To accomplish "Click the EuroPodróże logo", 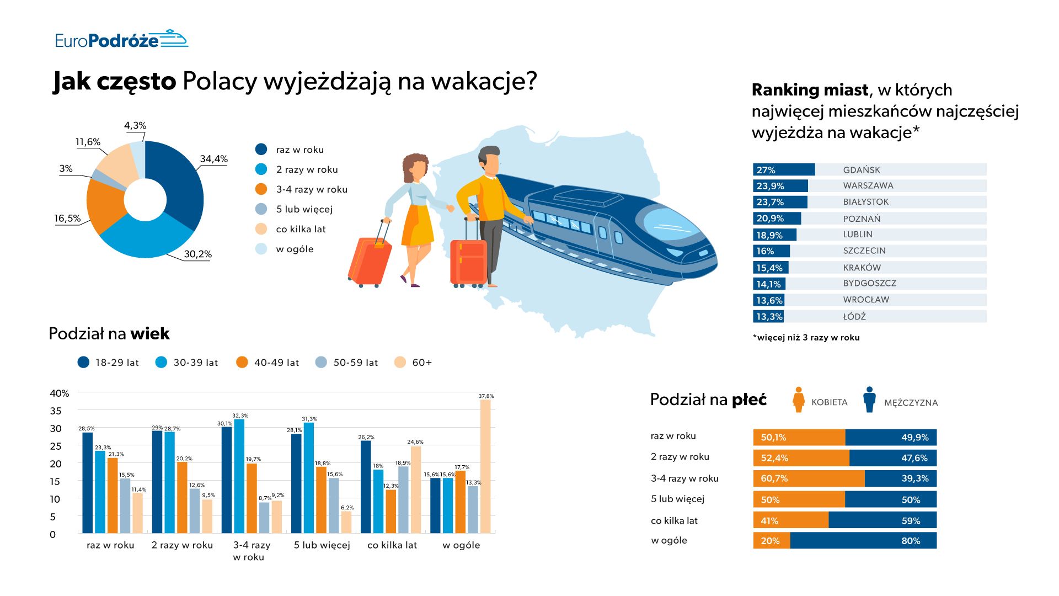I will point(121,40).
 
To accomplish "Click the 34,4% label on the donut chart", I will point(213,159).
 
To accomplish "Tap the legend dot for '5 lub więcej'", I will point(261,209).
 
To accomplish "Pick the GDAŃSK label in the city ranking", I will point(862,170).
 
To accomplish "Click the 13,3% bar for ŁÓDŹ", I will point(768,317).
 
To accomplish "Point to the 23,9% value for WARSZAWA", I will point(770,186).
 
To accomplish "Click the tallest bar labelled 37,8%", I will point(485,466).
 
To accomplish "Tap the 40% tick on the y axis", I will point(60,393).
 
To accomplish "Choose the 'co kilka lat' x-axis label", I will point(392,545).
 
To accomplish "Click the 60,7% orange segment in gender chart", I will point(809,478).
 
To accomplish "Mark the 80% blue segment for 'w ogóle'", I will point(863,541).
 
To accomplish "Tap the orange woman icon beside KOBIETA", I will point(798,400).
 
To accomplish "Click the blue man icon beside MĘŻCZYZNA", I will point(870,400).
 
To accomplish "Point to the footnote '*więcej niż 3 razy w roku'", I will point(806,338).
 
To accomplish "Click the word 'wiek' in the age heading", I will point(150,334).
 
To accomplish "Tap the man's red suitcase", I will point(468,263).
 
